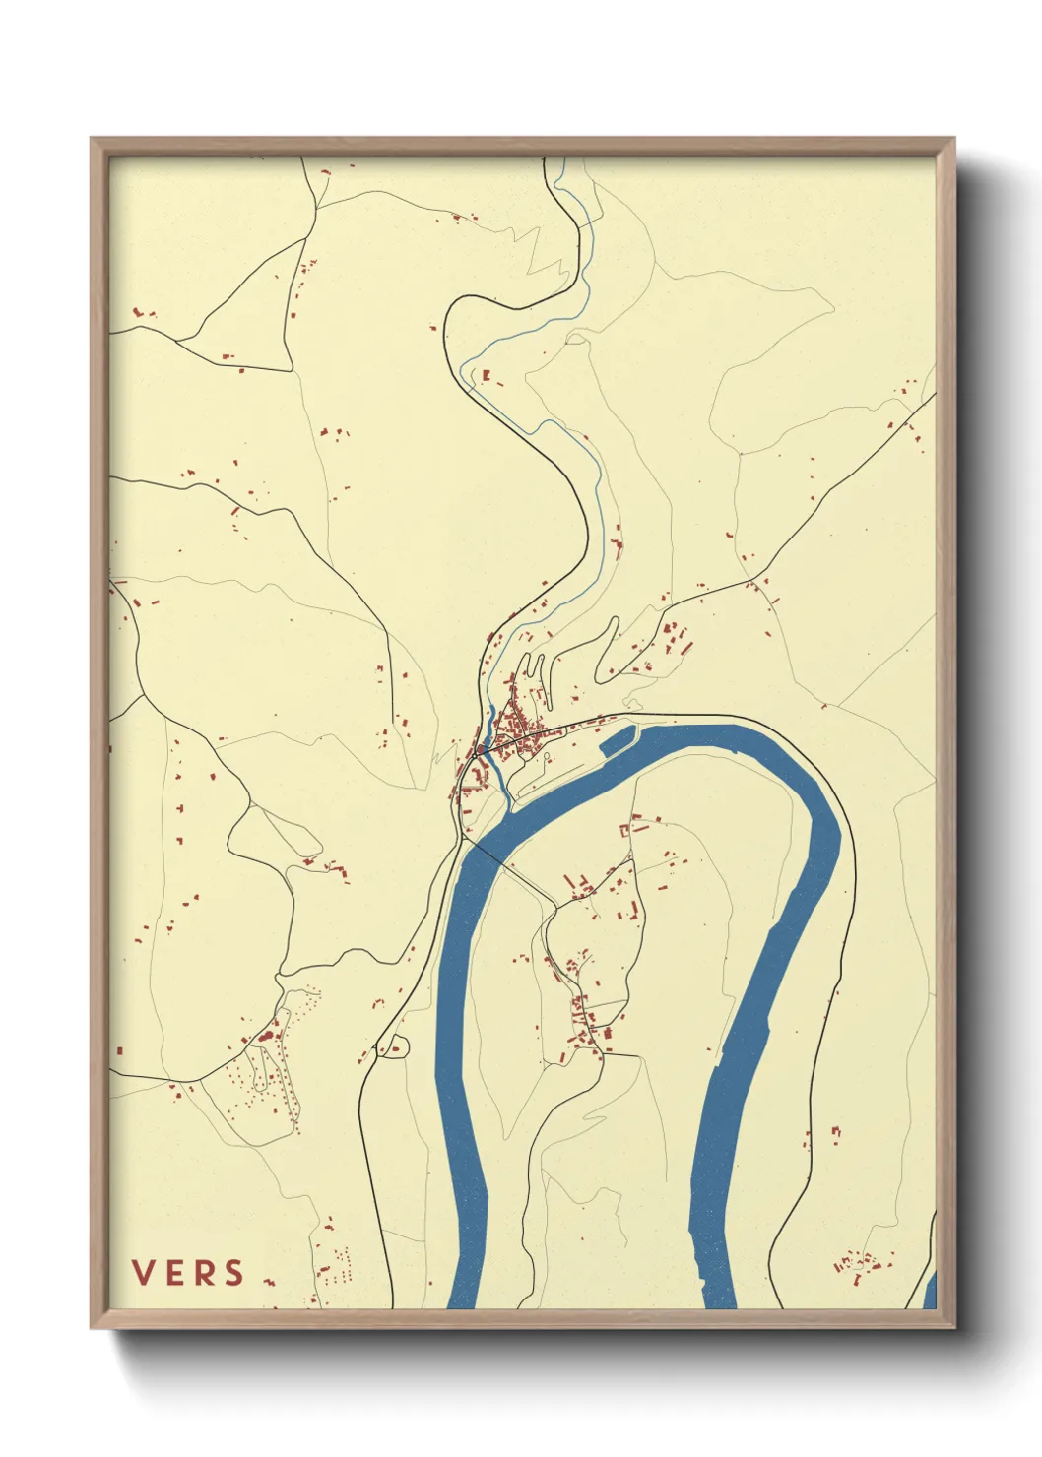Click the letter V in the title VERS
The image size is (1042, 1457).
[x=143, y=1273]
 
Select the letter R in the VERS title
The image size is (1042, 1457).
[x=204, y=1273]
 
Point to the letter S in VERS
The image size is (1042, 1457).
[x=233, y=1273]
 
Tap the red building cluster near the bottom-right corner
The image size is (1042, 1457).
[x=855, y=1264]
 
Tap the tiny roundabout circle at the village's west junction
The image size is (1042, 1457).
[x=478, y=753]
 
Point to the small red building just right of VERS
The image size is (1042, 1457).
[x=267, y=1281]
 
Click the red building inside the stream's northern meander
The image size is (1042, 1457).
[x=486, y=375]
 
